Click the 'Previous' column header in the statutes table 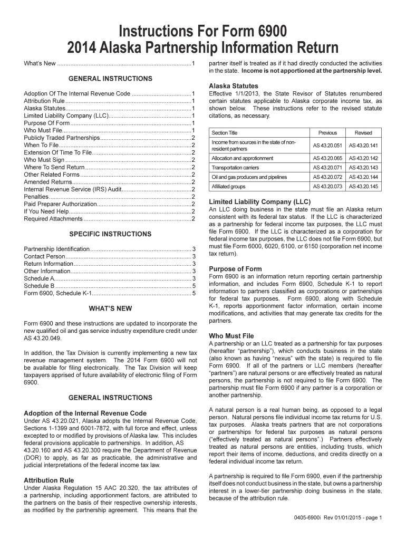[x=327, y=133]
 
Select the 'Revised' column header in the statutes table [x=363, y=133]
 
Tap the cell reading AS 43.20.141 [x=363, y=146]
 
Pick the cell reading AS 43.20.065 [x=327, y=158]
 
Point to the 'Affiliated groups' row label [x=228, y=187]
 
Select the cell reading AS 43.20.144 [x=363, y=177]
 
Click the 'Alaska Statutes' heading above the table [x=234, y=86]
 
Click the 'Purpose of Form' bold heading [x=235, y=268]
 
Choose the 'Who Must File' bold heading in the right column [x=231, y=335]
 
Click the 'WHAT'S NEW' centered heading [x=110, y=308]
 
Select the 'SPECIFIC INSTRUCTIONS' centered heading [x=110, y=234]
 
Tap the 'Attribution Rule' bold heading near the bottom [x=49, y=480]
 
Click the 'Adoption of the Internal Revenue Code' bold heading [x=85, y=413]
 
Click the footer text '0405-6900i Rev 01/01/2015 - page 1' [x=338, y=518]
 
